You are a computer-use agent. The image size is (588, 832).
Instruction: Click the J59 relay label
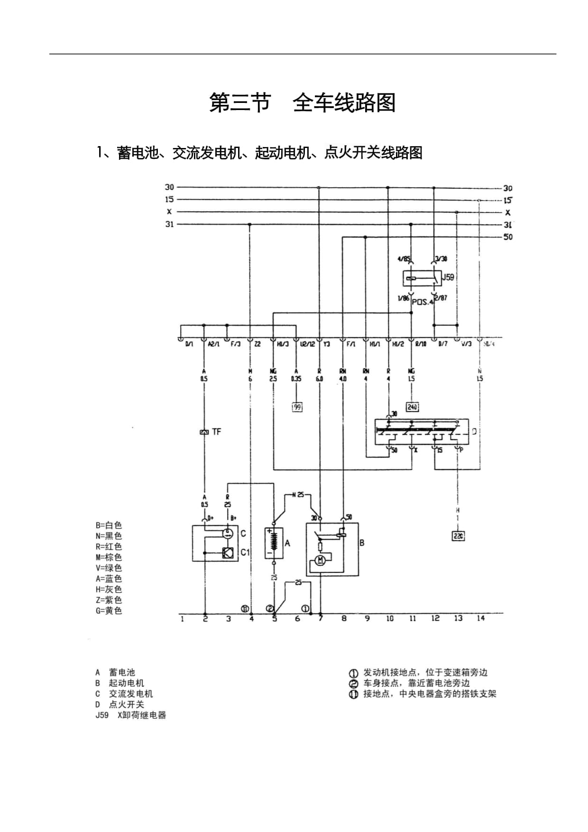click(x=448, y=277)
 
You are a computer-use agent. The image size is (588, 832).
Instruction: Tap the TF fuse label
click(x=216, y=432)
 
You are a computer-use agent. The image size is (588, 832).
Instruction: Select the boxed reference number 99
click(x=297, y=407)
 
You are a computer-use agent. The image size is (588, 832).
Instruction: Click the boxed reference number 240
click(x=412, y=407)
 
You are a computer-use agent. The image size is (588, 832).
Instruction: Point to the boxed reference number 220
click(x=458, y=536)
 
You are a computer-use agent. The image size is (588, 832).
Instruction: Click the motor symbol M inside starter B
click(x=320, y=561)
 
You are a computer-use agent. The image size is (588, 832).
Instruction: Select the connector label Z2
click(x=257, y=344)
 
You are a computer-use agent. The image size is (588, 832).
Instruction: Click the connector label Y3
click(x=327, y=344)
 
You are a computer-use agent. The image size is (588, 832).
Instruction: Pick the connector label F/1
click(x=351, y=344)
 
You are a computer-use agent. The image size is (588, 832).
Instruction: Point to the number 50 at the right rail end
click(x=508, y=237)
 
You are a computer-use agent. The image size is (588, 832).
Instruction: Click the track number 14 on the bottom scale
click(x=481, y=618)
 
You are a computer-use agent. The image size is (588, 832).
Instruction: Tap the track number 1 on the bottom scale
click(x=182, y=619)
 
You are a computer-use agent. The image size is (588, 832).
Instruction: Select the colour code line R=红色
click(x=109, y=546)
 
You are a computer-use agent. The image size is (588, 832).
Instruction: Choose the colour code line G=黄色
click(x=109, y=610)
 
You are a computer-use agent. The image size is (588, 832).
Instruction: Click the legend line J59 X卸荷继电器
click(x=131, y=715)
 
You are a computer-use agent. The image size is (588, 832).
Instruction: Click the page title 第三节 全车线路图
click(x=303, y=103)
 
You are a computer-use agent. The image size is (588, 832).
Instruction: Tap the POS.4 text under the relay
click(x=423, y=302)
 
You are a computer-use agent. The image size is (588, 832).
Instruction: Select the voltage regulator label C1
click(x=245, y=552)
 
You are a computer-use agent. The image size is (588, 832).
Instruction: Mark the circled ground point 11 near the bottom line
click(x=245, y=609)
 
